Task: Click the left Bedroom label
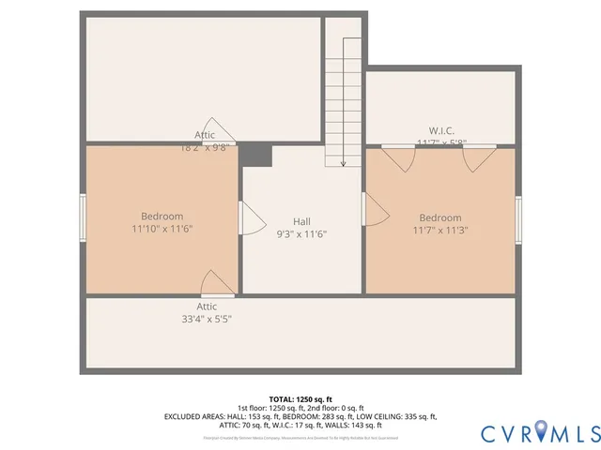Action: (162, 217)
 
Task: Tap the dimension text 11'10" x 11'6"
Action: (162, 229)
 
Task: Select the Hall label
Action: (301, 221)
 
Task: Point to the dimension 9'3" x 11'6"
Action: (301, 233)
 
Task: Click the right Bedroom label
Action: (439, 217)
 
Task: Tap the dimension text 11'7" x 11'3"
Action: (439, 230)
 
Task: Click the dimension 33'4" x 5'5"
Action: (207, 319)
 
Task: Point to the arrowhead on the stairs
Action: (344, 164)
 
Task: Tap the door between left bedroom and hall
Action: (251, 218)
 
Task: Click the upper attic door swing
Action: (220, 132)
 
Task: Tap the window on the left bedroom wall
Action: (83, 217)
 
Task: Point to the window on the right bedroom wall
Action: (518, 220)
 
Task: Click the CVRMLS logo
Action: (539, 433)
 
